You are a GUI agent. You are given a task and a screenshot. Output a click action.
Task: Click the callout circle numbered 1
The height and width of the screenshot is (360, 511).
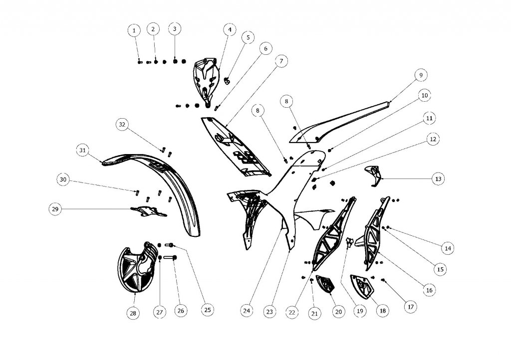point(134,31)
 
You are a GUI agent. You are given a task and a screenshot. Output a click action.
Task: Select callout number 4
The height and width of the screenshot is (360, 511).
point(230,30)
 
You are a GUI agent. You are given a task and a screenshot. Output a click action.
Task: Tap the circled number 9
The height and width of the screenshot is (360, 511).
point(420,75)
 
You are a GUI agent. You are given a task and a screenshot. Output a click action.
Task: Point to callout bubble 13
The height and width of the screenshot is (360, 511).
point(438,179)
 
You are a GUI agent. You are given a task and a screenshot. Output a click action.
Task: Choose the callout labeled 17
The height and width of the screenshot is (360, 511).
point(410,307)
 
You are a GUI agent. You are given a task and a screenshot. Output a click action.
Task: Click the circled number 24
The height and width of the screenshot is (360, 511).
point(246,310)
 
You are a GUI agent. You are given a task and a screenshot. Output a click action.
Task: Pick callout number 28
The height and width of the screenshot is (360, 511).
point(133,313)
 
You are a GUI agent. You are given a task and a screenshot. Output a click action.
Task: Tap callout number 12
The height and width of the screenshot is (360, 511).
point(433,140)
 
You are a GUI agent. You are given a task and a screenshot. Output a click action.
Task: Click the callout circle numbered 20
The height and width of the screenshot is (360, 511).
point(338,312)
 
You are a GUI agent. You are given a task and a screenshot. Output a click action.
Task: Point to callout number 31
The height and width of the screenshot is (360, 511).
point(83,149)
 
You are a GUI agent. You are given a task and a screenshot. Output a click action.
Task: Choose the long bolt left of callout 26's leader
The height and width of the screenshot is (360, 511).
point(168,258)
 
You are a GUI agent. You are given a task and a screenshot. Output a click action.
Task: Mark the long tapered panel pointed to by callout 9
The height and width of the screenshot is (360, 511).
point(344,122)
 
